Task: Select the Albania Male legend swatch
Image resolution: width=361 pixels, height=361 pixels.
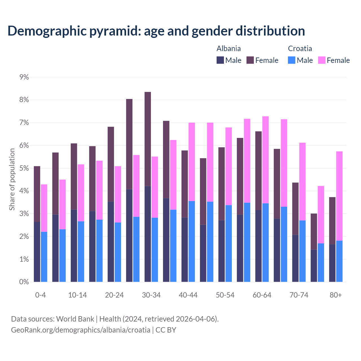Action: (220, 60)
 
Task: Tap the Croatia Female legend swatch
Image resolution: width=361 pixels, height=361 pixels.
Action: (322, 60)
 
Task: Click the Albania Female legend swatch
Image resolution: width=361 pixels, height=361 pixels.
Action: (250, 60)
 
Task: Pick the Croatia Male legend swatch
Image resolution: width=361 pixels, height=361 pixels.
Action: (292, 60)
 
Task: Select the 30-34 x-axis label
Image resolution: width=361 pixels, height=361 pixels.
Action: (151, 295)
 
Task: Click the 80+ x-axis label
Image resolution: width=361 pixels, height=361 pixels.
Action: (336, 295)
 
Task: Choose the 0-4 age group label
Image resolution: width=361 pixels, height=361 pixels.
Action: (40, 295)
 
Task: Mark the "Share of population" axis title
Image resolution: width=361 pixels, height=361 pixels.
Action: (12, 179)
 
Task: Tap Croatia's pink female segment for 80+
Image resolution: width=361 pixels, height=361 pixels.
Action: (339, 196)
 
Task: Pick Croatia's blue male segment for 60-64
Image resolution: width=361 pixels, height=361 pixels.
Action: (265, 243)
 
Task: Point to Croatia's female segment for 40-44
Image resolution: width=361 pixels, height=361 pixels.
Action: (192, 162)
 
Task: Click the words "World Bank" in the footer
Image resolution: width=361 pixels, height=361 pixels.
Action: (75, 319)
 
